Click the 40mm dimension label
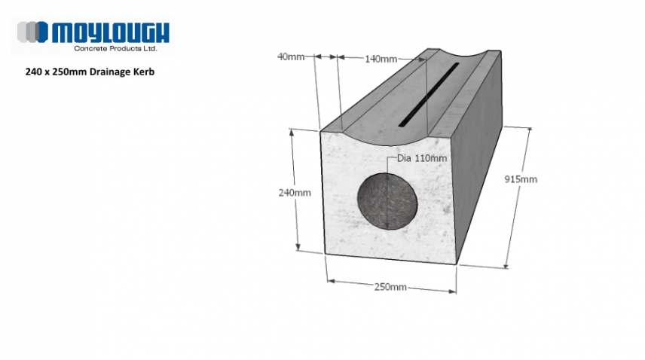[290, 56]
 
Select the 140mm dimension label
[380, 59]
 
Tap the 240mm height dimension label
[295, 193]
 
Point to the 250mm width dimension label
[390, 288]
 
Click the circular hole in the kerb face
[387, 200]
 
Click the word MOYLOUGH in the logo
[110, 32]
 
